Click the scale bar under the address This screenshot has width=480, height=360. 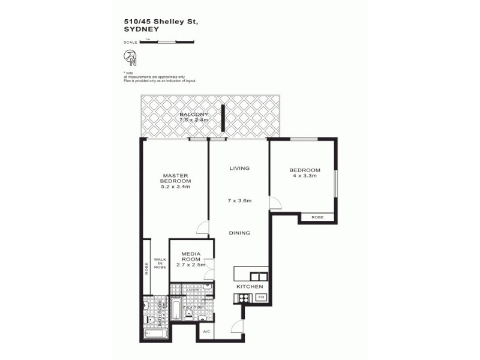(166, 42)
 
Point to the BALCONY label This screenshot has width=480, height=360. (194, 114)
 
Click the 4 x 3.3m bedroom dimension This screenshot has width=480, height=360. (305, 176)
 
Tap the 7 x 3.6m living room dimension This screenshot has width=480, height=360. (239, 199)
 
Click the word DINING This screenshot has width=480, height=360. (239, 233)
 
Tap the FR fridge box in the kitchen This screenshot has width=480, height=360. (262, 296)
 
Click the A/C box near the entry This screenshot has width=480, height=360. (206, 332)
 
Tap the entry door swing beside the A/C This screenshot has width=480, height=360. (238, 327)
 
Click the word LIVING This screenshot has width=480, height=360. (239, 169)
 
